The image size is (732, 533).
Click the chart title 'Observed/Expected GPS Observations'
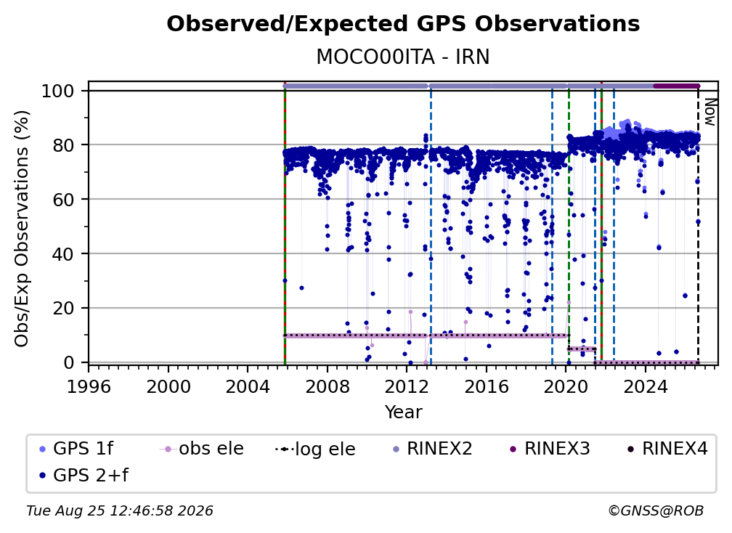coord(403,24)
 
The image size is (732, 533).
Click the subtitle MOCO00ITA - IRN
coord(403,57)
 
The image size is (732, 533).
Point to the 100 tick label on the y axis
coord(58,91)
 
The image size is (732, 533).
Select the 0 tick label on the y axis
coord(69,362)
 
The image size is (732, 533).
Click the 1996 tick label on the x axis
coord(89,387)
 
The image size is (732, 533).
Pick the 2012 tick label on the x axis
coord(407,387)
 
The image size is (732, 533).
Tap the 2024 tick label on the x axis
coord(645,387)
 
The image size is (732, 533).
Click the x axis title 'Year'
coord(403,412)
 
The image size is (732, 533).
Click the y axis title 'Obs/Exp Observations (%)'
coord(22,229)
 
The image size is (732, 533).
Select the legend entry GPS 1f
coord(76,449)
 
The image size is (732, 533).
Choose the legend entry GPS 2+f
coord(84,475)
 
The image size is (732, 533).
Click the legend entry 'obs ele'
coord(202,449)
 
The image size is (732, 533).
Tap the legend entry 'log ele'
coord(316,449)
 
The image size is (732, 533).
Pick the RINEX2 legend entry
coord(433,449)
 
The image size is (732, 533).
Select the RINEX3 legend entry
coord(550,449)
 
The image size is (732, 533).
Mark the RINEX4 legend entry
coord(668,449)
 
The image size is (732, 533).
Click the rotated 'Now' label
coord(710,112)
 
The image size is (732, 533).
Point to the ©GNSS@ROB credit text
coord(656,511)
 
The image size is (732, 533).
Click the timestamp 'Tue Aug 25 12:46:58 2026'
coord(120,511)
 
